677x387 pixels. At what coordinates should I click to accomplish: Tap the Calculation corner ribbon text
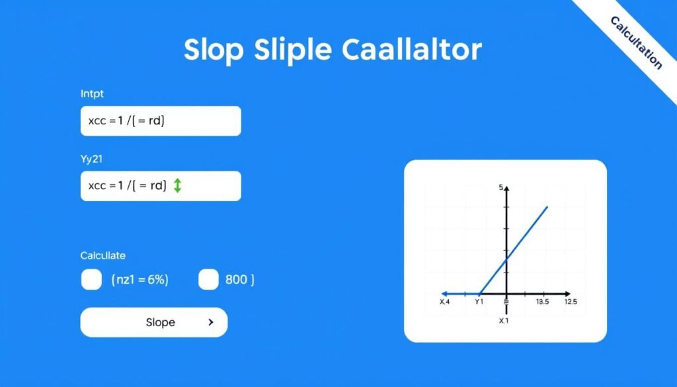tap(635, 42)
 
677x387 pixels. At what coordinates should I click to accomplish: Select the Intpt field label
tap(92, 95)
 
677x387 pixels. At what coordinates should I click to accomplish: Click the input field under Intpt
tap(161, 121)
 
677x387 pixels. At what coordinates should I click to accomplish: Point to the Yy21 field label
tap(91, 159)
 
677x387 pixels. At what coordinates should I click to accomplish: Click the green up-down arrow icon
tap(177, 186)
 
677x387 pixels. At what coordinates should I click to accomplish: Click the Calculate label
tap(102, 255)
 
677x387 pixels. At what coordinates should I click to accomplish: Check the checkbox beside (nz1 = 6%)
tap(91, 280)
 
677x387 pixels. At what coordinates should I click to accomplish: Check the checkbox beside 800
tap(208, 280)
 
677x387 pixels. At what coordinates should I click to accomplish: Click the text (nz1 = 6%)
tap(139, 280)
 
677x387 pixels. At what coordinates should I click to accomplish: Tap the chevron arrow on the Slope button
tap(210, 322)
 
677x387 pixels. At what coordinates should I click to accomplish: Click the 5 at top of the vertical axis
tap(501, 188)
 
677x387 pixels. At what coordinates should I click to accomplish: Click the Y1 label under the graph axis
tap(480, 302)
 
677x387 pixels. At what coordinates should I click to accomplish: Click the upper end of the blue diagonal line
tap(547, 207)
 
